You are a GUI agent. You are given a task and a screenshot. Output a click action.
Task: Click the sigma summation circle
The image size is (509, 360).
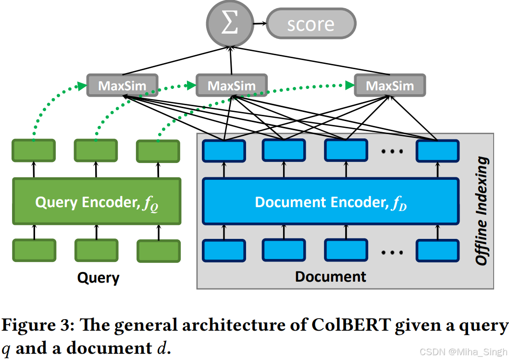coord(230,24)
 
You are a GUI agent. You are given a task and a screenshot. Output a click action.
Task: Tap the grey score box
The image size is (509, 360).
coord(310,24)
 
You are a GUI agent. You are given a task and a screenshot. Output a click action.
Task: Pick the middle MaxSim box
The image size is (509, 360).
coord(232,86)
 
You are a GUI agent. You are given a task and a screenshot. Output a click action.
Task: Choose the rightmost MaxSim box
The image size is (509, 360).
coord(390,86)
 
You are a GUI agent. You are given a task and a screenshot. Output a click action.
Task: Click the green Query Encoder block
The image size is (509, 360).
coord(97,202)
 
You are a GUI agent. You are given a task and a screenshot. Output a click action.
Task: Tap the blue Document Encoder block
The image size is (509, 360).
coord(331,202)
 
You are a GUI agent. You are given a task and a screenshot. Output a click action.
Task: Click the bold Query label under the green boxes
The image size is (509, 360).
coord(99,277)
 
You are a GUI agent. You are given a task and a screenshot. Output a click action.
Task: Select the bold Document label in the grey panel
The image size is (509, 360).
coord(330,276)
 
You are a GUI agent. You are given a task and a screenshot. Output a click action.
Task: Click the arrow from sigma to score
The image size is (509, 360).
coord(259,24)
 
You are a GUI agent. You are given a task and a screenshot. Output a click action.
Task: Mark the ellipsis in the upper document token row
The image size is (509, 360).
coord(391,151)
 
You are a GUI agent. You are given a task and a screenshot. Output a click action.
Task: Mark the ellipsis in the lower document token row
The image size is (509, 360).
coord(391,251)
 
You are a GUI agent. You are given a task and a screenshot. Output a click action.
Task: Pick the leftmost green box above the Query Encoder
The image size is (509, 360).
coord(34,150)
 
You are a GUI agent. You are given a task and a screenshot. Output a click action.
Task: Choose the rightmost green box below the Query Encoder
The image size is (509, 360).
coord(159,251)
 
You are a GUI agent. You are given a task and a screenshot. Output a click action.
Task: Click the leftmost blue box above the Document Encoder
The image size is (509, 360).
coord(223,150)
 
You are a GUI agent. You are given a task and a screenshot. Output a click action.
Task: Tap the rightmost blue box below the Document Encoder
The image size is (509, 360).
coord(437,250)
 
